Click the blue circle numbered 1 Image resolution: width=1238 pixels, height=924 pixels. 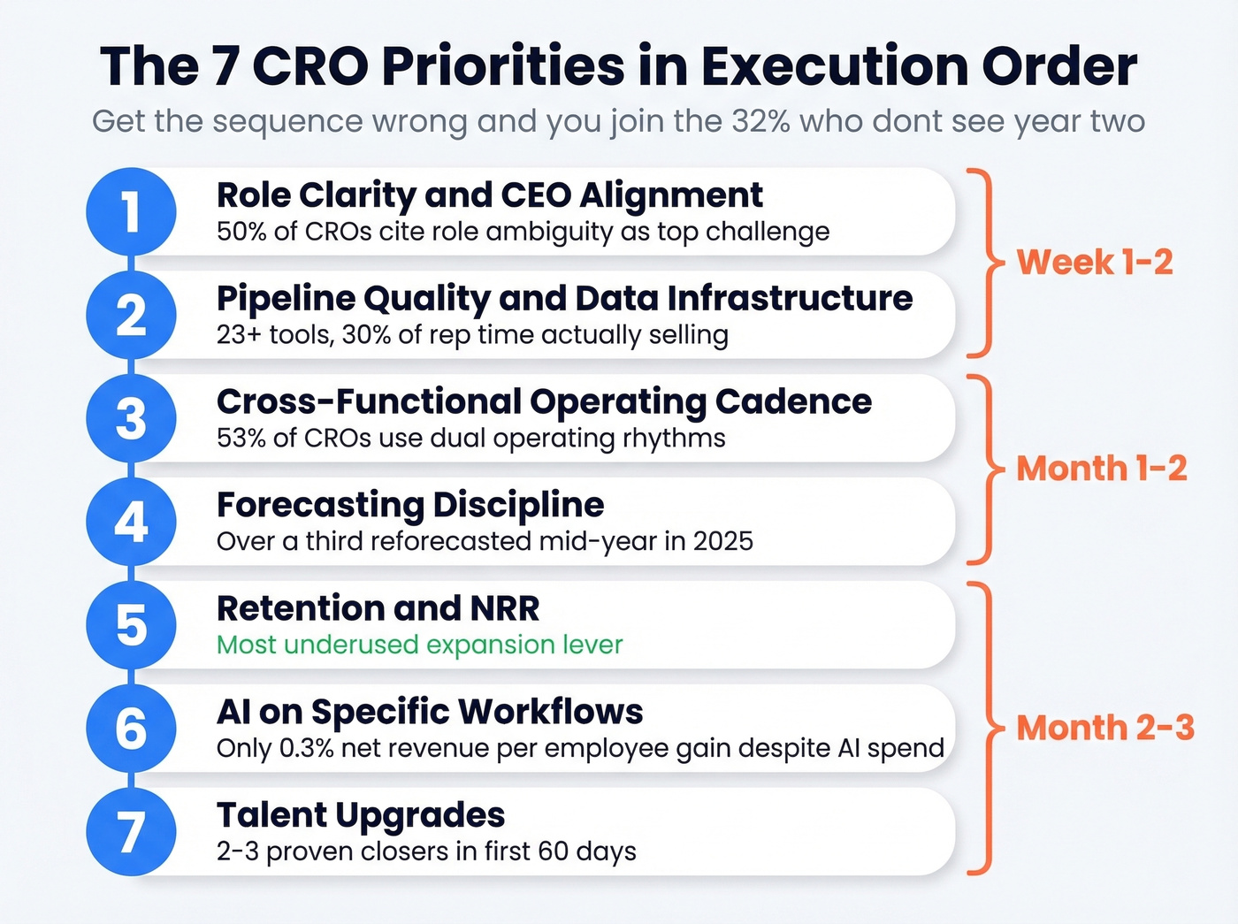131,212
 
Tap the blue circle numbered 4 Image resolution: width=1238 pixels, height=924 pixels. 131,522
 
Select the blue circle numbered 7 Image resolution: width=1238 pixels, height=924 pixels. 131,831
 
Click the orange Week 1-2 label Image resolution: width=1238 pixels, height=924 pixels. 1095,262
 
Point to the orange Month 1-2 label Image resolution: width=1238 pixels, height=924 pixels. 1101,468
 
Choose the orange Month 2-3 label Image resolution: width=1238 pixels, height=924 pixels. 1104,728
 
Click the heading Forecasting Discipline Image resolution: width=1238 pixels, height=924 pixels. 410,505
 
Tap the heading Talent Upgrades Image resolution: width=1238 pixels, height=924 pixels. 361,814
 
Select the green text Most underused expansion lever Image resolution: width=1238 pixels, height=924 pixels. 419,645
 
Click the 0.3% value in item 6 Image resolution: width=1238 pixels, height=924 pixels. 306,748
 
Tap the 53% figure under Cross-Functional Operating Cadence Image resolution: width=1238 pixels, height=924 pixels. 242,439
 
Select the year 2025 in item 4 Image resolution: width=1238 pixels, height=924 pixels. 722,541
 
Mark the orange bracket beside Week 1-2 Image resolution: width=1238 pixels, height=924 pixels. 985,262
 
